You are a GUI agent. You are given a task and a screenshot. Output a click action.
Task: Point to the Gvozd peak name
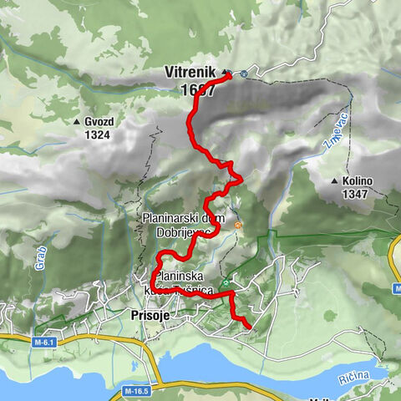click(x=99, y=121)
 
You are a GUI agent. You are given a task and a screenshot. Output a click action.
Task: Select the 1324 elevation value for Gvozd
click(x=98, y=135)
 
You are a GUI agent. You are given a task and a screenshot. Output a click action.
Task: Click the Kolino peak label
click(x=357, y=180)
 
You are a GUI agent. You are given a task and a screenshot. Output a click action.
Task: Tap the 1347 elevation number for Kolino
click(x=353, y=194)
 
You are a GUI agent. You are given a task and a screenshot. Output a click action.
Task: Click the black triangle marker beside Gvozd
click(x=78, y=121)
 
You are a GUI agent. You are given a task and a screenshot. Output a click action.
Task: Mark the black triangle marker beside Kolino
click(x=334, y=180)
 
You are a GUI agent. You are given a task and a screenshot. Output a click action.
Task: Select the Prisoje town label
click(x=151, y=315)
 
